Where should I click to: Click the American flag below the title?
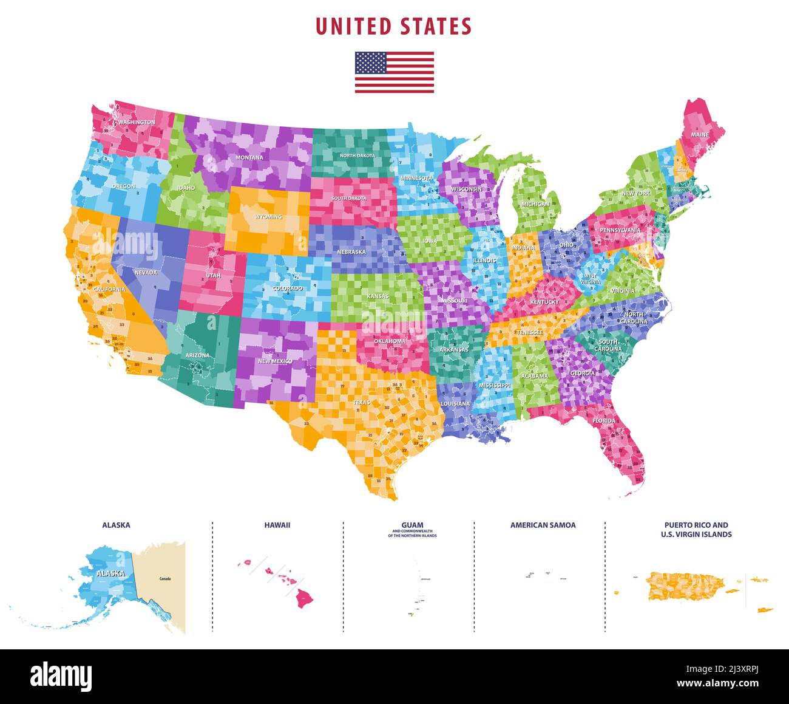[x=394, y=72]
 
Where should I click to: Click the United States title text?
[x=394, y=27]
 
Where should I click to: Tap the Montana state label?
[x=249, y=158]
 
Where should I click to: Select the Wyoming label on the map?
[x=268, y=217]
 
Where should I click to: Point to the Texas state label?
[x=362, y=403]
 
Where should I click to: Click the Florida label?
[x=604, y=421]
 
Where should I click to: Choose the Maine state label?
[x=700, y=135]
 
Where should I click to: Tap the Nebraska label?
[x=351, y=252]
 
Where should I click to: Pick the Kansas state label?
[x=378, y=296]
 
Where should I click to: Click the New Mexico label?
[x=275, y=361]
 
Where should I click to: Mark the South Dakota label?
[x=348, y=199]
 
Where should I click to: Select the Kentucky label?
[x=544, y=302]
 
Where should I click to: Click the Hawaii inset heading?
[x=277, y=525]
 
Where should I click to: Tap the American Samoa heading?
[x=543, y=525]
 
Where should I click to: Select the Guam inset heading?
[x=412, y=525]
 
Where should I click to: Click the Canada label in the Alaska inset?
[x=165, y=579]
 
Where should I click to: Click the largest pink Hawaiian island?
[x=305, y=599]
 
